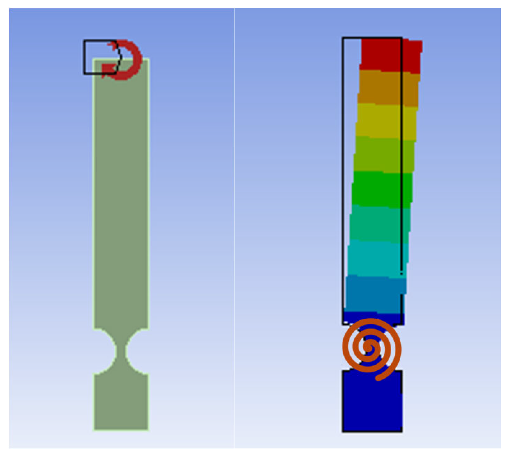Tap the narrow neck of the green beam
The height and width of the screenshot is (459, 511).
[121, 351]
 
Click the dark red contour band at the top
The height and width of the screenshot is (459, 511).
[391, 54]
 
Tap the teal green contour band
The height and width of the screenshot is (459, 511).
[380, 223]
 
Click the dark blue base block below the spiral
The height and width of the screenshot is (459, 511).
[372, 403]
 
